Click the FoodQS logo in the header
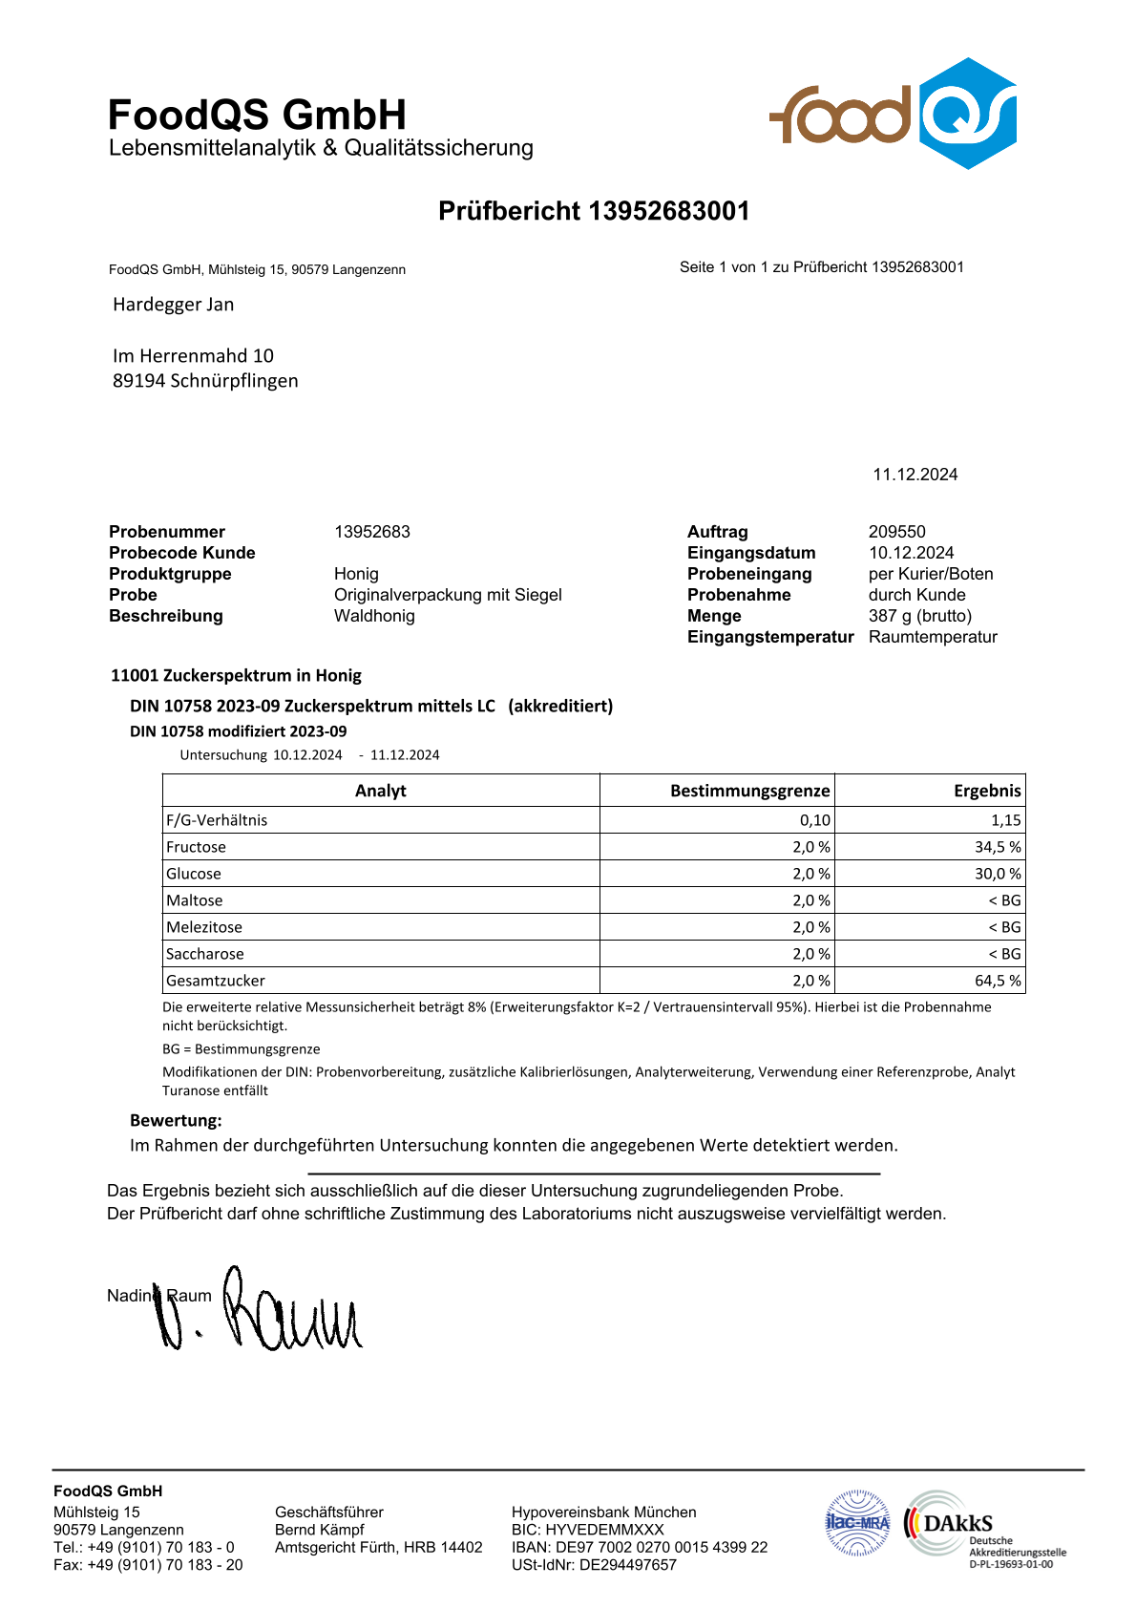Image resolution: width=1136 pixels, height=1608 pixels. pyautogui.click(x=893, y=115)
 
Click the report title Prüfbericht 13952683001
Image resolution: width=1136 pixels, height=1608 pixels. pyautogui.click(x=594, y=211)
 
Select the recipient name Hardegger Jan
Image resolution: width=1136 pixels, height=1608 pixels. pyautogui.click(x=173, y=305)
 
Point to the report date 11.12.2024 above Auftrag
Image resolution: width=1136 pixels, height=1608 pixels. pyautogui.click(x=915, y=475)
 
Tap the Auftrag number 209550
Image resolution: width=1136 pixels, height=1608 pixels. pyautogui.click(x=896, y=532)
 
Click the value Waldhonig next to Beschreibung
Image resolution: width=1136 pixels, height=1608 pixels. pyautogui.click(x=374, y=616)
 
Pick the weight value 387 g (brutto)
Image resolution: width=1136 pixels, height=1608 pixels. pyautogui.click(x=919, y=616)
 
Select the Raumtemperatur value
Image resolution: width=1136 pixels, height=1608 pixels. pyautogui.click(x=932, y=637)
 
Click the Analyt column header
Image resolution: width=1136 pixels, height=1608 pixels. pyautogui.click(x=380, y=791)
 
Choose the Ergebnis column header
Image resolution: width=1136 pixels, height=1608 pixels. pyautogui.click(x=986, y=791)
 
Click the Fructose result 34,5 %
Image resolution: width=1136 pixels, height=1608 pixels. pyautogui.click(x=998, y=847)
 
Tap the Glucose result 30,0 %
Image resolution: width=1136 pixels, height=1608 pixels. pyautogui.click(x=998, y=874)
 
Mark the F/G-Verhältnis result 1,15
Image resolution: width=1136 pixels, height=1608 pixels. pyautogui.click(x=1005, y=820)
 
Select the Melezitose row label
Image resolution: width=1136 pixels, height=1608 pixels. pyautogui.click(x=204, y=927)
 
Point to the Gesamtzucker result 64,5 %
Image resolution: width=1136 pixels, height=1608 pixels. pyautogui.click(x=998, y=981)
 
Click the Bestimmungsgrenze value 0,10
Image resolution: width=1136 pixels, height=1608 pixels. pyautogui.click(x=814, y=820)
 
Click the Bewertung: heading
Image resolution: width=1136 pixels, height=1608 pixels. pyautogui.click(x=176, y=1120)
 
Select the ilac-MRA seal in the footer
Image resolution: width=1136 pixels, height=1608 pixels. pyautogui.click(x=857, y=1523)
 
